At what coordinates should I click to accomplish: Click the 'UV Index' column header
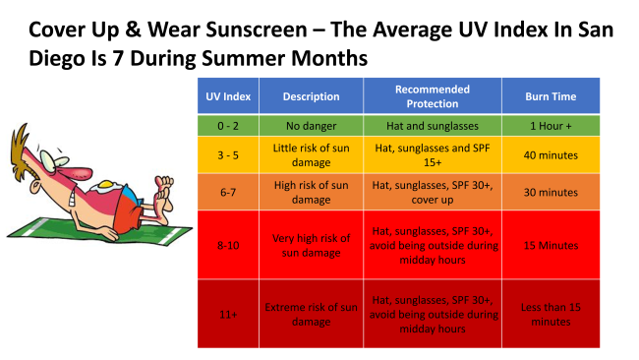pos(228,96)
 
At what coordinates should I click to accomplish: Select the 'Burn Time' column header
pos(551,96)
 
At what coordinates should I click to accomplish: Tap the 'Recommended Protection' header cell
pos(433,96)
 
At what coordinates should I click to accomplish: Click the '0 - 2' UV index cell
pos(228,126)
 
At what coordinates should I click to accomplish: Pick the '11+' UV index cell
pos(228,314)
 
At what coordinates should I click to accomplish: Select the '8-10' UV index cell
pos(228,245)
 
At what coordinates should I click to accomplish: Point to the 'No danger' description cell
pos(311,126)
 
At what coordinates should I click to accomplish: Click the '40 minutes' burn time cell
pos(551,155)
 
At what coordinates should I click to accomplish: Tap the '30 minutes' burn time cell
pos(551,192)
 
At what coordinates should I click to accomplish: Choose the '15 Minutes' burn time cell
pos(551,245)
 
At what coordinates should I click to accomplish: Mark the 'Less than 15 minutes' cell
pos(551,314)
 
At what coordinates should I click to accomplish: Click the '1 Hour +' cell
pos(551,126)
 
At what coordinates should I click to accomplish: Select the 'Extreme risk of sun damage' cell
pos(311,314)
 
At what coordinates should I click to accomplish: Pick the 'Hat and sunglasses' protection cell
pos(433,126)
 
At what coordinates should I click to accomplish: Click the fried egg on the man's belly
pos(105,186)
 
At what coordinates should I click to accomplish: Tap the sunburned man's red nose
pos(79,173)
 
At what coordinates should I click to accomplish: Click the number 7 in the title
pos(118,58)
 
